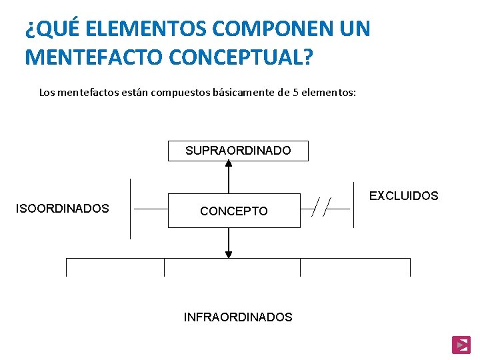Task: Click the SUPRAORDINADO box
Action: pos(238,151)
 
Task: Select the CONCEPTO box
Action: pos(233,211)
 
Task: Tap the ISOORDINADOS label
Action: pos(62,209)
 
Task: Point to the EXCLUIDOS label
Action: pos(404,196)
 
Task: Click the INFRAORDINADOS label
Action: pos(238,317)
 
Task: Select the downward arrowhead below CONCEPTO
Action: pos(229,253)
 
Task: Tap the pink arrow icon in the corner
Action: pos(461,344)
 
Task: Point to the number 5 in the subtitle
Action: pos(296,92)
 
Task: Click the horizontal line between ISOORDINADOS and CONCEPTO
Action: pos(151,209)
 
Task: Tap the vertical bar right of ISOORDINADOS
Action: pos(131,209)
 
